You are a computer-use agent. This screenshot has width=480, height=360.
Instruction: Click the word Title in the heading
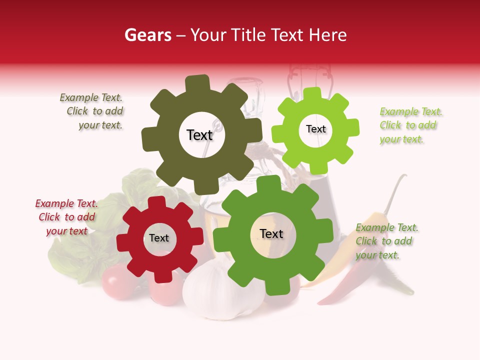(x=248, y=35)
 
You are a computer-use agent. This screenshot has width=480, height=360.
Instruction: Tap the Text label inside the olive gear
(x=199, y=135)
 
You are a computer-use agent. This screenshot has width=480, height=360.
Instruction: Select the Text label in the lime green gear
(x=315, y=129)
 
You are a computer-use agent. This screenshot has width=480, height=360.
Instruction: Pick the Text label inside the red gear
(x=159, y=238)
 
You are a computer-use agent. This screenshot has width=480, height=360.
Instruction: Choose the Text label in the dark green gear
(x=271, y=234)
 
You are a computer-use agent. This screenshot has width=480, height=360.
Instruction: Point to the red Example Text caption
(x=66, y=217)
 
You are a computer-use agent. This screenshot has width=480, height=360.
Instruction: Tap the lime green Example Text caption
(x=410, y=125)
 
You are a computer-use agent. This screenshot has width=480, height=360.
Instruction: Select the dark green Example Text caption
(x=386, y=241)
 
